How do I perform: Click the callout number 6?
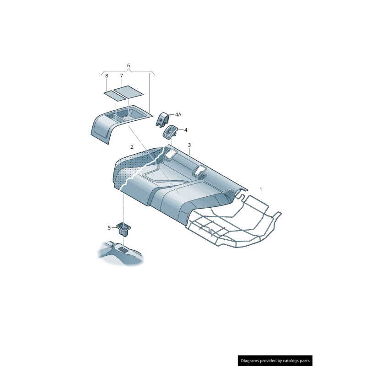[129, 65]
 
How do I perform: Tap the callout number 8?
[107, 75]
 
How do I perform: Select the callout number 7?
[122, 75]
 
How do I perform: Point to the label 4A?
[178, 115]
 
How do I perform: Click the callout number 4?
[186, 130]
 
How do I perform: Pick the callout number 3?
[189, 145]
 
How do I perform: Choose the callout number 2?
[132, 147]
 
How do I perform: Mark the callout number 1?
[261, 189]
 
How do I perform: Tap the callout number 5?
[109, 227]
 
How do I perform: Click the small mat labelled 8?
[113, 95]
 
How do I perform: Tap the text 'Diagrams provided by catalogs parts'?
[275, 361]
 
